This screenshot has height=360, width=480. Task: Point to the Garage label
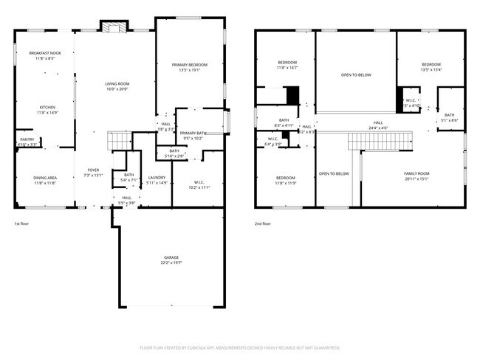pos(171,260)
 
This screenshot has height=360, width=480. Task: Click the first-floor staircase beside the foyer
pos(120,140)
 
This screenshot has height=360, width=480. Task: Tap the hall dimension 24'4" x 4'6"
pos(378,128)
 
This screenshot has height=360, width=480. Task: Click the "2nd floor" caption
pos(262,223)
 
